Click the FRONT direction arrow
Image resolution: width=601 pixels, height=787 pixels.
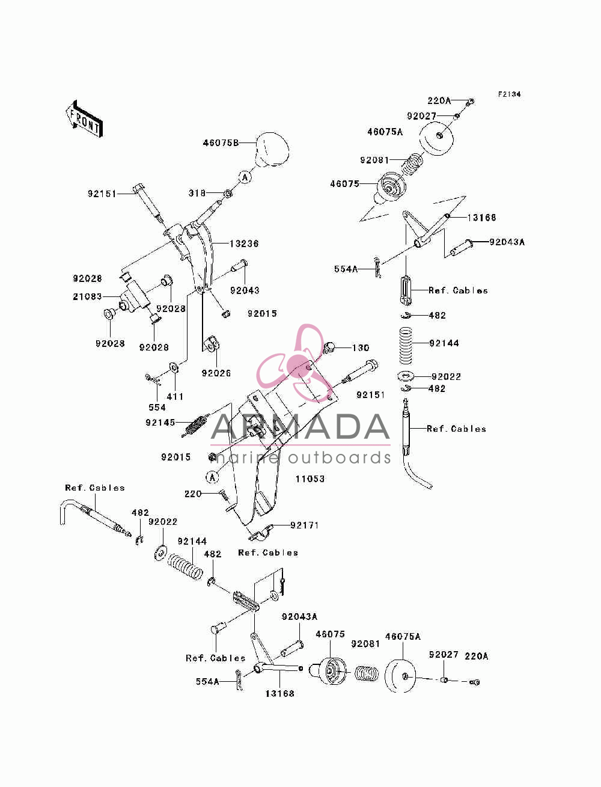(84, 119)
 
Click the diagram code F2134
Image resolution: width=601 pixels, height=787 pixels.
(509, 94)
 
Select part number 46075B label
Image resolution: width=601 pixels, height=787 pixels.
(221, 142)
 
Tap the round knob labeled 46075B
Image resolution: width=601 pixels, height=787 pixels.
(270, 150)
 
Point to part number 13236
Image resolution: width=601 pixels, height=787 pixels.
(243, 244)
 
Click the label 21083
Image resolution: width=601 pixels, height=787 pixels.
(87, 296)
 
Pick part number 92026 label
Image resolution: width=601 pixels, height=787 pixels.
(216, 373)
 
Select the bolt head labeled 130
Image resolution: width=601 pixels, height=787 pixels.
(329, 347)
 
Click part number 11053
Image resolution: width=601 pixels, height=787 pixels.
(310, 479)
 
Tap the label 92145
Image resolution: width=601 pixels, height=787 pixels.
(160, 423)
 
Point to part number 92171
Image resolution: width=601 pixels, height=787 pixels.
(304, 525)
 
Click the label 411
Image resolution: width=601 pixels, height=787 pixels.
(175, 397)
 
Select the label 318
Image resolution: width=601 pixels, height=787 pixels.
(197, 193)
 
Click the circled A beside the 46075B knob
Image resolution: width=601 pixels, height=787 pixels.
(245, 177)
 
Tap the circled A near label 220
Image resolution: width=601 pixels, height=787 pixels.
(213, 477)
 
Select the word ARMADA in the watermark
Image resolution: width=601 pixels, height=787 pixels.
(300, 427)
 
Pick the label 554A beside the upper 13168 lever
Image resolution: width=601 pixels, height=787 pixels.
(346, 269)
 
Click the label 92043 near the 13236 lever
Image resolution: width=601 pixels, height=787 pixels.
(245, 290)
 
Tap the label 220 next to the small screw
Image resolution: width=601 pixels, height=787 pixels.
(193, 494)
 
